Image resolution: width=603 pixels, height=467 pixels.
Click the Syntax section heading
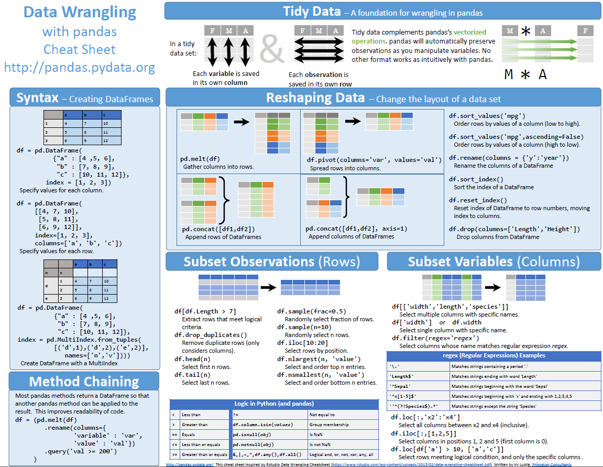pyautogui.click(x=38, y=98)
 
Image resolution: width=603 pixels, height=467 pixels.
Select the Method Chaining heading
pyautogui.click(x=84, y=381)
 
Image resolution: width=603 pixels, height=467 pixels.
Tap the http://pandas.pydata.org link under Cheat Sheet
pyautogui.click(x=80, y=67)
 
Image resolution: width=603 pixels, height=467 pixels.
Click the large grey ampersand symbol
pyautogui.click(x=272, y=48)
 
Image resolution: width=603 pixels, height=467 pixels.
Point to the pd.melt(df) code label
pyautogui.click(x=200, y=159)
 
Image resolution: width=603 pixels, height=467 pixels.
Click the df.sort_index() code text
pyautogui.click(x=478, y=179)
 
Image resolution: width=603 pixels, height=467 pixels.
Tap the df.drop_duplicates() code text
pyautogui.click(x=211, y=335)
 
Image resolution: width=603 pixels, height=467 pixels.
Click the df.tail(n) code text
pyautogui.click(x=192, y=375)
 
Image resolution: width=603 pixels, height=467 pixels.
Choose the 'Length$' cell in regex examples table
pyautogui.click(x=402, y=376)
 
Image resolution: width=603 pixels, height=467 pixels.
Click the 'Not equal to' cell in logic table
pyautogui.click(x=322, y=415)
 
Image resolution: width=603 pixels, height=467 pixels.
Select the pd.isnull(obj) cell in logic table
pyautogui.click(x=252, y=435)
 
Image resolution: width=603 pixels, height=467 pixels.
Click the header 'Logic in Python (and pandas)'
pyautogui.click(x=274, y=404)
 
